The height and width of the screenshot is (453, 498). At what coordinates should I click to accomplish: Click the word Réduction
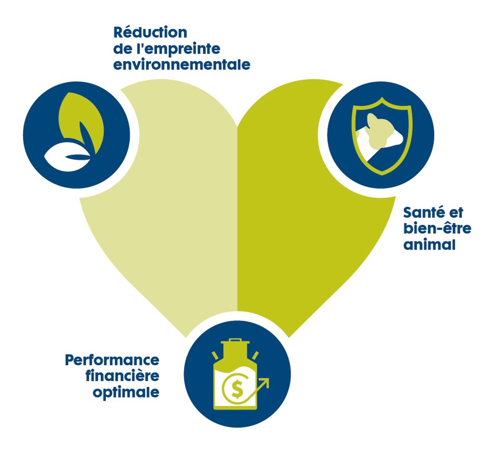150,33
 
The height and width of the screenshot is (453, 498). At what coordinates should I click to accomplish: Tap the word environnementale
182,65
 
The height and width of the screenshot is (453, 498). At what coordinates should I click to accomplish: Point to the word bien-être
437,229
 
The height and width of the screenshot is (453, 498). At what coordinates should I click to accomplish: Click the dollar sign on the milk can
236,389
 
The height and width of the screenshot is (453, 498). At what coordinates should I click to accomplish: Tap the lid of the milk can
236,342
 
